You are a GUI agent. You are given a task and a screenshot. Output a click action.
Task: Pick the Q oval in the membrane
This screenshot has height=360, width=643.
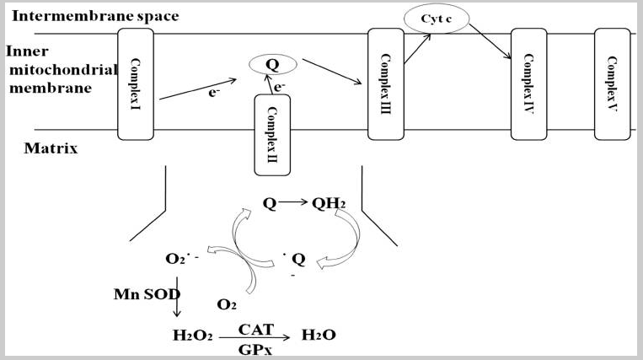coord(271,62)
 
